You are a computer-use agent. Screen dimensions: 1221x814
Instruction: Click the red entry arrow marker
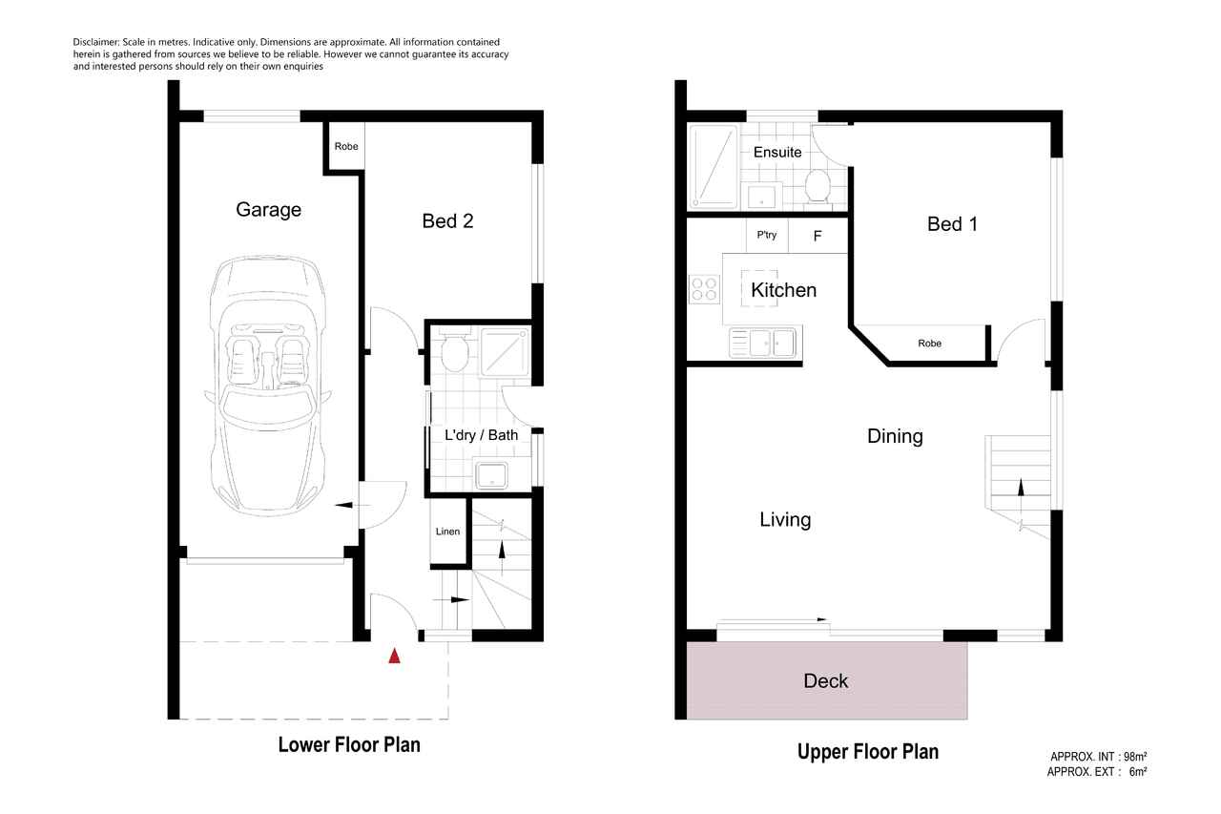394,656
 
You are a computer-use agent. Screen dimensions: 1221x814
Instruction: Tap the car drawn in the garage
267,386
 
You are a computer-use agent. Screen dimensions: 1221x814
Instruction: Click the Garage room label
268,209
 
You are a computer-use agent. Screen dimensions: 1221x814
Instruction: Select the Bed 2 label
447,220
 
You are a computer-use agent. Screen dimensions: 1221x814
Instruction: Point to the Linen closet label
447,531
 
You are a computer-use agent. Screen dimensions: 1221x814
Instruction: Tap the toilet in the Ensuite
817,185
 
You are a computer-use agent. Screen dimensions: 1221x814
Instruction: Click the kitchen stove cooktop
704,289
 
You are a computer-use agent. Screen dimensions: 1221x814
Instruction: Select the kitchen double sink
763,343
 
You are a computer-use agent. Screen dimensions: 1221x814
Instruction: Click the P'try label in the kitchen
766,235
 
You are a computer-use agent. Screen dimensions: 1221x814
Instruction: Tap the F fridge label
817,236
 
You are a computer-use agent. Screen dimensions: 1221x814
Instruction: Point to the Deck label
825,681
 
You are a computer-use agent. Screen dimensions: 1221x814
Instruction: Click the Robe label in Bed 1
929,344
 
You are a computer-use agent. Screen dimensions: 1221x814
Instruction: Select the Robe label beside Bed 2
346,146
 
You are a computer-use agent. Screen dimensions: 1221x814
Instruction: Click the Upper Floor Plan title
868,752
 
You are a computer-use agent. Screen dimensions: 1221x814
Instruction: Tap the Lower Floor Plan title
349,744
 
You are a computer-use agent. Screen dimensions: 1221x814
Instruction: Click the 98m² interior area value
1135,757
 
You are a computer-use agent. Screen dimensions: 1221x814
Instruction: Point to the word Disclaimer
96,42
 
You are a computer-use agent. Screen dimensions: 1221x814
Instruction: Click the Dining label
895,436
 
